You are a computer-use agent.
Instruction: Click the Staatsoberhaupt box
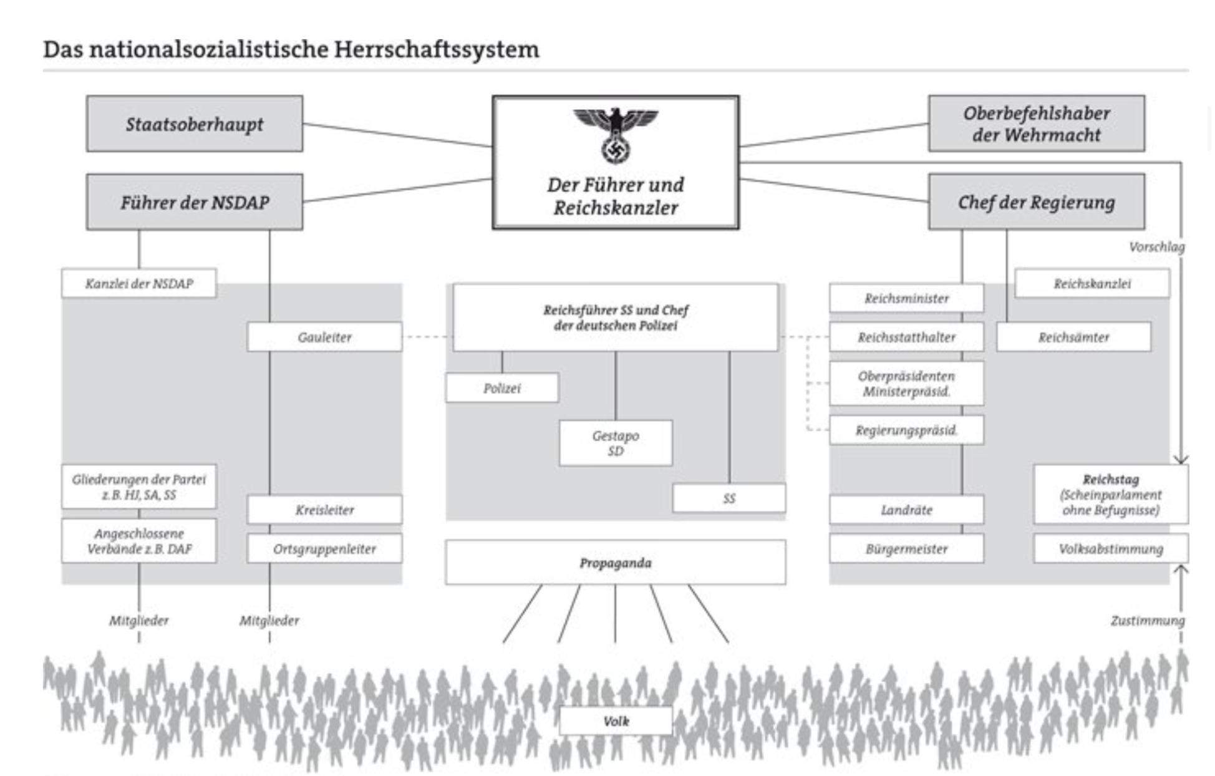tap(195, 124)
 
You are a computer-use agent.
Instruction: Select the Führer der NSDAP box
tap(195, 202)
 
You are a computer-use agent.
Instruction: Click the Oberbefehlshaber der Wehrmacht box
tap(1036, 124)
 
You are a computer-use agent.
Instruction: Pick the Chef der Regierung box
tap(1036, 202)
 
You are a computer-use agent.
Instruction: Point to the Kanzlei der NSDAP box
tap(139, 284)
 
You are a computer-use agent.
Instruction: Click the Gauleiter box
tap(324, 337)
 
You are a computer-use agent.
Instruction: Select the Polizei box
tap(502, 388)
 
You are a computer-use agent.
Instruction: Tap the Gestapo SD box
tap(616, 443)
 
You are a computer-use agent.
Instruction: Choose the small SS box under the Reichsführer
tap(729, 498)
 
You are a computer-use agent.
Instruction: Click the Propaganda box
tap(616, 563)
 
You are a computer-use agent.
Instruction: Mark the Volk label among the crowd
tap(616, 721)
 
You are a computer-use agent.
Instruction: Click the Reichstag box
tap(1110, 495)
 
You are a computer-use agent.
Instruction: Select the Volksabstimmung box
tap(1110, 549)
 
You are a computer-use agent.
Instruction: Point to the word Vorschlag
tap(1156, 247)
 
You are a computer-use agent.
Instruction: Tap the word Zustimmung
tap(1147, 621)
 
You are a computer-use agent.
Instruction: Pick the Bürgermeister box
tap(906, 549)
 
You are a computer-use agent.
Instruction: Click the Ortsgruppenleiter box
tap(324, 549)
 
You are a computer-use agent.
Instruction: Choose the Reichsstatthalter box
tap(906, 337)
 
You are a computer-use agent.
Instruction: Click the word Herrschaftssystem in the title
tap(436, 49)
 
